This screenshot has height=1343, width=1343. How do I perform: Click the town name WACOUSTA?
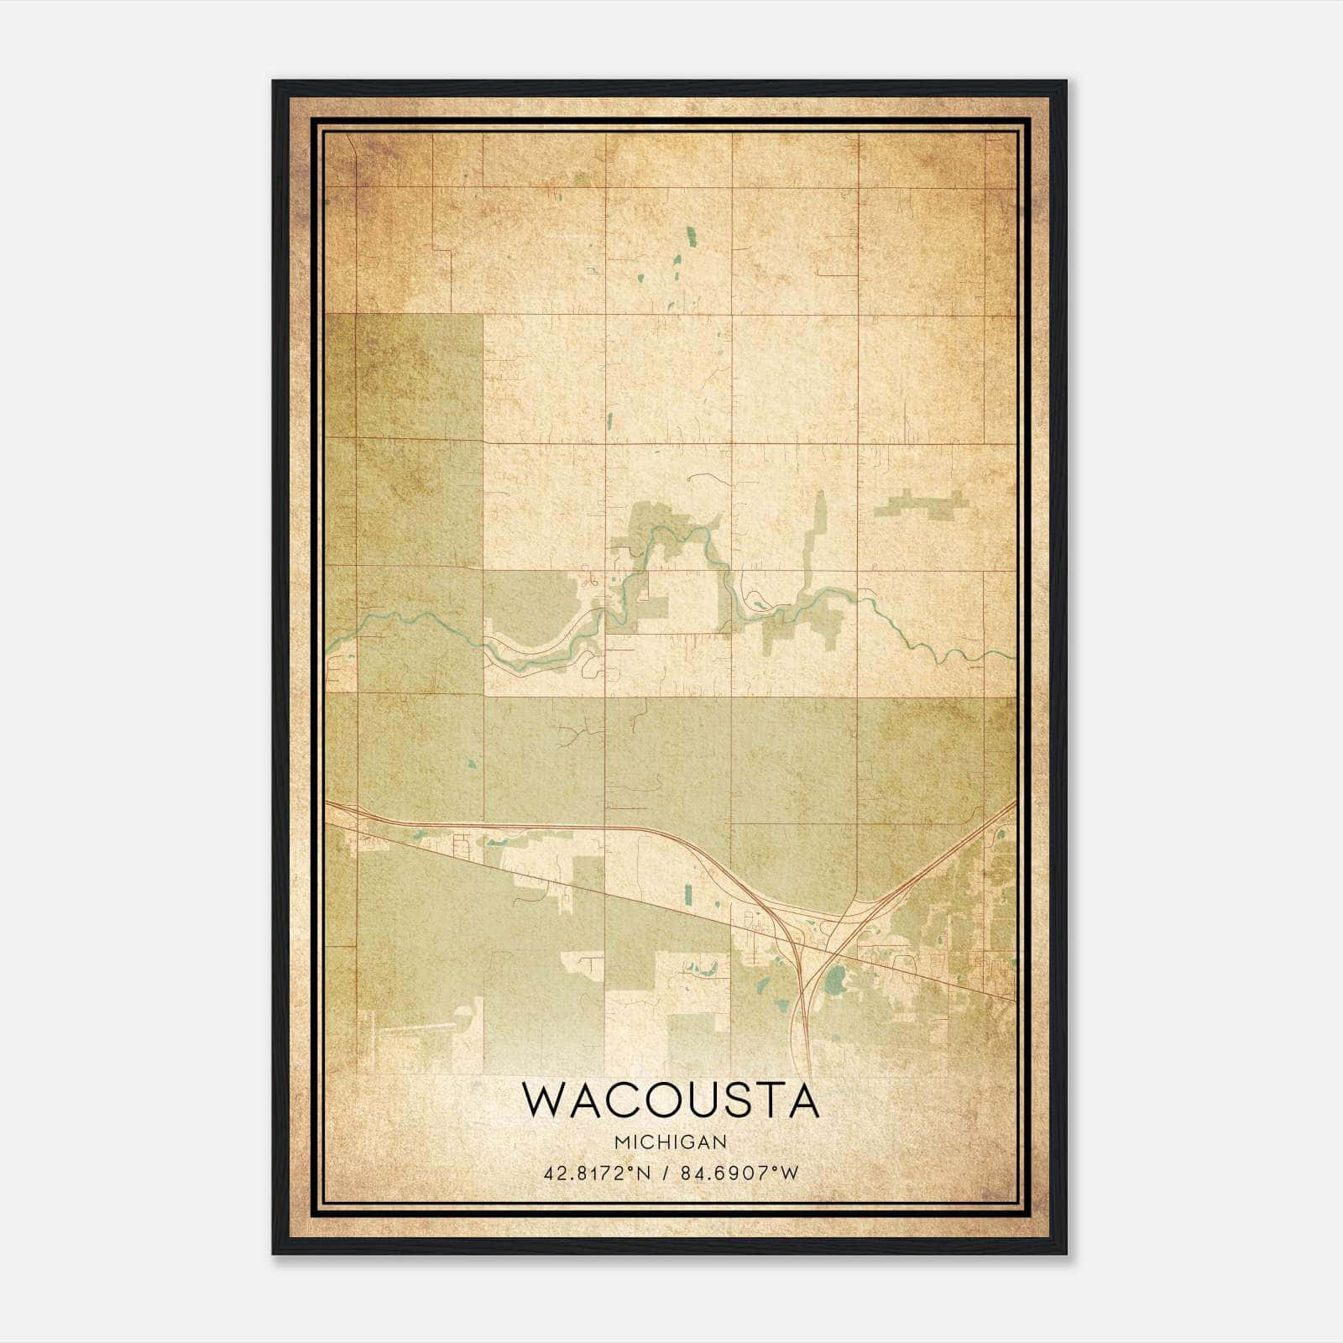tap(671, 1100)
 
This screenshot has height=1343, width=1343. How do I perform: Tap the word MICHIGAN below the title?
tap(671, 1142)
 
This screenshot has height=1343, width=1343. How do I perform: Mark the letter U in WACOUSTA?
tap(705, 1100)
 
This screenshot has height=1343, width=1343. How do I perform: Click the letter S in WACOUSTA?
tap(740, 1100)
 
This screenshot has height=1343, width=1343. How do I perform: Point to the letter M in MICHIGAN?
tap(622, 1142)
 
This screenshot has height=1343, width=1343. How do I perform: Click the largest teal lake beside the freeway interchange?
tap(835, 979)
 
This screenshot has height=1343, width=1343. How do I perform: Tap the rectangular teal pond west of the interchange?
tap(688, 895)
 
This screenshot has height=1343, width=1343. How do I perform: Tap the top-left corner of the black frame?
tap(274, 82)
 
